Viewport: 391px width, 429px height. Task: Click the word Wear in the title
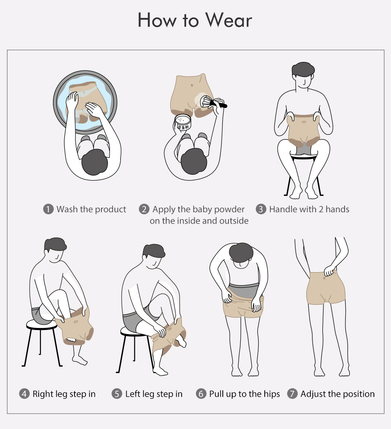click(228, 20)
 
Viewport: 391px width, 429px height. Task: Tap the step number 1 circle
click(48, 209)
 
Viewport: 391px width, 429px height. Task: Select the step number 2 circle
click(144, 209)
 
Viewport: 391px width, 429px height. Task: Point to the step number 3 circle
click(261, 209)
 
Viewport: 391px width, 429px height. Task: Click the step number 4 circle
click(24, 394)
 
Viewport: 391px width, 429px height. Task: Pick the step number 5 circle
click(117, 394)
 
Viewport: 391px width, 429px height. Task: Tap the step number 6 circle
click(201, 394)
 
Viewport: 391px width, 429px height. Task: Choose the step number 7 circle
click(292, 394)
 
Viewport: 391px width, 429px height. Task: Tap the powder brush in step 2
click(213, 101)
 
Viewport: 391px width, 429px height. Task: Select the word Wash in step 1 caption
click(67, 209)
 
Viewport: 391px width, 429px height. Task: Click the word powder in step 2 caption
click(229, 210)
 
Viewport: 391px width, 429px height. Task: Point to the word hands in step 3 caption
click(337, 209)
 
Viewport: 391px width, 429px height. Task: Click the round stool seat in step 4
click(42, 324)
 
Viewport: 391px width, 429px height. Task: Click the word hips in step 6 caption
click(272, 394)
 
